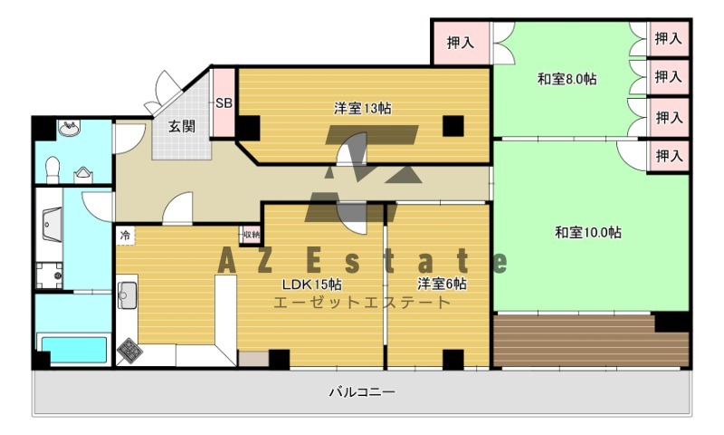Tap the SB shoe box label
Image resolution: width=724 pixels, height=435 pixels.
pos(224,103)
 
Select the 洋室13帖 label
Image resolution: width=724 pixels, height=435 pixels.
pos(362,109)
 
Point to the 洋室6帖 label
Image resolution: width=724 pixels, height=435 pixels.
pos(442,283)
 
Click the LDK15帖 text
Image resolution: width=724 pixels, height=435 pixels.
pos(310,283)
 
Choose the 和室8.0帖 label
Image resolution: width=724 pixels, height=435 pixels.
pos(567,79)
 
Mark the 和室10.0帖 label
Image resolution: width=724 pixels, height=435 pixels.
pos(587,232)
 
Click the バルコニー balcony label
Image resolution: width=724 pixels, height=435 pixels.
pos(361,392)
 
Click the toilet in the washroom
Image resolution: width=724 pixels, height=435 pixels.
pos(53,168)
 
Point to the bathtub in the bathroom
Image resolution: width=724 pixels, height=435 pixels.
pos(72,348)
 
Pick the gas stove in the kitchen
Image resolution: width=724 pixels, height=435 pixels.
pos(130,348)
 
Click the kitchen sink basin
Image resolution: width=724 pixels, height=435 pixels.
pos(127,295)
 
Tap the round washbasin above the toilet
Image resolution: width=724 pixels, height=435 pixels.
pos(68,130)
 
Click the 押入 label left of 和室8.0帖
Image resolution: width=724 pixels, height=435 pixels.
pos(461,42)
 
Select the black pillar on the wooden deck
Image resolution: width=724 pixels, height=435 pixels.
pos(671,322)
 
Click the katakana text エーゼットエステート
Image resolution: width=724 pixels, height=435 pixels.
pos(361,303)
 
